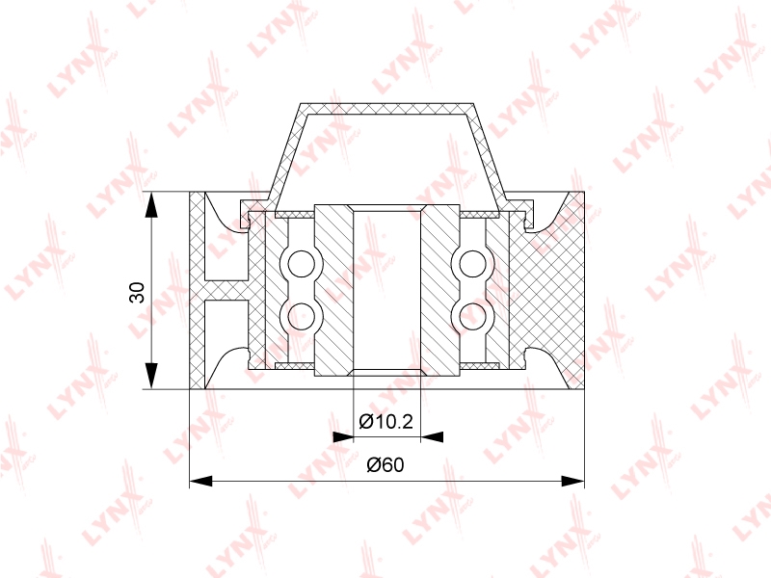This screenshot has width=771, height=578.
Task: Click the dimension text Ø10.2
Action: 385,421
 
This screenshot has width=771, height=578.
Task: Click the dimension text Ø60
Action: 385,464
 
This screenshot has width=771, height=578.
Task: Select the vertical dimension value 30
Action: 137,292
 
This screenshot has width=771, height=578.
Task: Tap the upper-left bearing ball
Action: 301,264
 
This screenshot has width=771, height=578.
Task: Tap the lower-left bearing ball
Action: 301,316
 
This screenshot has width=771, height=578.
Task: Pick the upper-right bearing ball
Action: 473,264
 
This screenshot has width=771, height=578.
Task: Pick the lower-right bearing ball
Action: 473,316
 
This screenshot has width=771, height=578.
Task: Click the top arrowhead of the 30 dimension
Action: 152,204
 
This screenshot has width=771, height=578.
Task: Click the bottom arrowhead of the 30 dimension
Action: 152,377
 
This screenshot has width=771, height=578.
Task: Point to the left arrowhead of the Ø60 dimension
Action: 201,481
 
